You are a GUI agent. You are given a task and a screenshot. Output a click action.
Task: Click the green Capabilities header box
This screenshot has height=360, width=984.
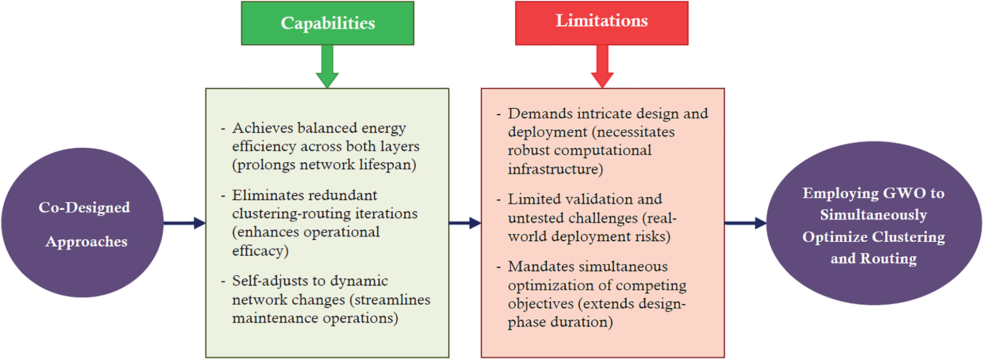coord(327,23)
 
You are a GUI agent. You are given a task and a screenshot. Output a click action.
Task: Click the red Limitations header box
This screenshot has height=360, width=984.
coord(601,23)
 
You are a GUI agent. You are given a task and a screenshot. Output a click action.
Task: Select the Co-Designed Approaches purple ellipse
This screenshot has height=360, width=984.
coord(83,223)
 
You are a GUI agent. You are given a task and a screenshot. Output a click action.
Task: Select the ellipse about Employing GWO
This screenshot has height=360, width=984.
coord(874,223)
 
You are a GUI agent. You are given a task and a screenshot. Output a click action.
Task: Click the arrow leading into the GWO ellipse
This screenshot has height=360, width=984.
coord(745,223)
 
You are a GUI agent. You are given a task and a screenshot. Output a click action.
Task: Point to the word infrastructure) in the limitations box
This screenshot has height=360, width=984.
coord(555,169)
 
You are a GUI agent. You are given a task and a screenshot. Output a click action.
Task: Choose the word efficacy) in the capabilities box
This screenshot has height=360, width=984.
coord(260,251)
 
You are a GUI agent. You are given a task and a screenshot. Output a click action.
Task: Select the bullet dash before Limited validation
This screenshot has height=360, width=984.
coord(499,200)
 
